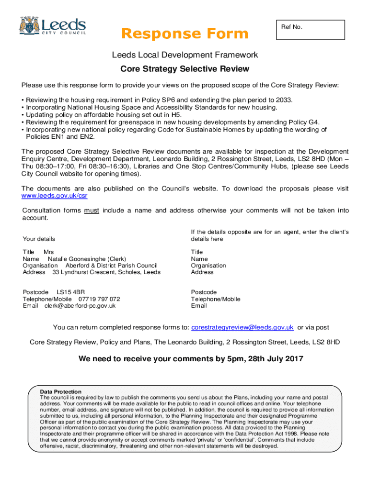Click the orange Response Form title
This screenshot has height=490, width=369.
pyautogui.click(x=184, y=33)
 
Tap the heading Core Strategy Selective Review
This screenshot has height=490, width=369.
pyautogui.click(x=184, y=69)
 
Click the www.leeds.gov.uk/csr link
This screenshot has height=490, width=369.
pyautogui.click(x=55, y=196)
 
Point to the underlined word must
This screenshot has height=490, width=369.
pyautogui.click(x=92, y=211)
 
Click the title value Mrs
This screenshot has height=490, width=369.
pyautogui.click(x=49, y=252)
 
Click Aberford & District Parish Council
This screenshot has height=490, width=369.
pyautogui.click(x=111, y=265)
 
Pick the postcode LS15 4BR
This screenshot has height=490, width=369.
pyautogui.click(x=71, y=292)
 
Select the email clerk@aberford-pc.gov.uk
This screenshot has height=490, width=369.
pyautogui.click(x=80, y=306)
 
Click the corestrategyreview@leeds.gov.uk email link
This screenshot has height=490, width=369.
pyautogui.click(x=242, y=327)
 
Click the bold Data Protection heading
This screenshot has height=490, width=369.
pyautogui.click(x=60, y=391)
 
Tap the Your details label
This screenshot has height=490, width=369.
pyautogui.click(x=39, y=239)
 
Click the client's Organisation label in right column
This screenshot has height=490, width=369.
pyautogui.click(x=208, y=265)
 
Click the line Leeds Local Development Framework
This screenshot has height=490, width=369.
pyautogui.click(x=184, y=55)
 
